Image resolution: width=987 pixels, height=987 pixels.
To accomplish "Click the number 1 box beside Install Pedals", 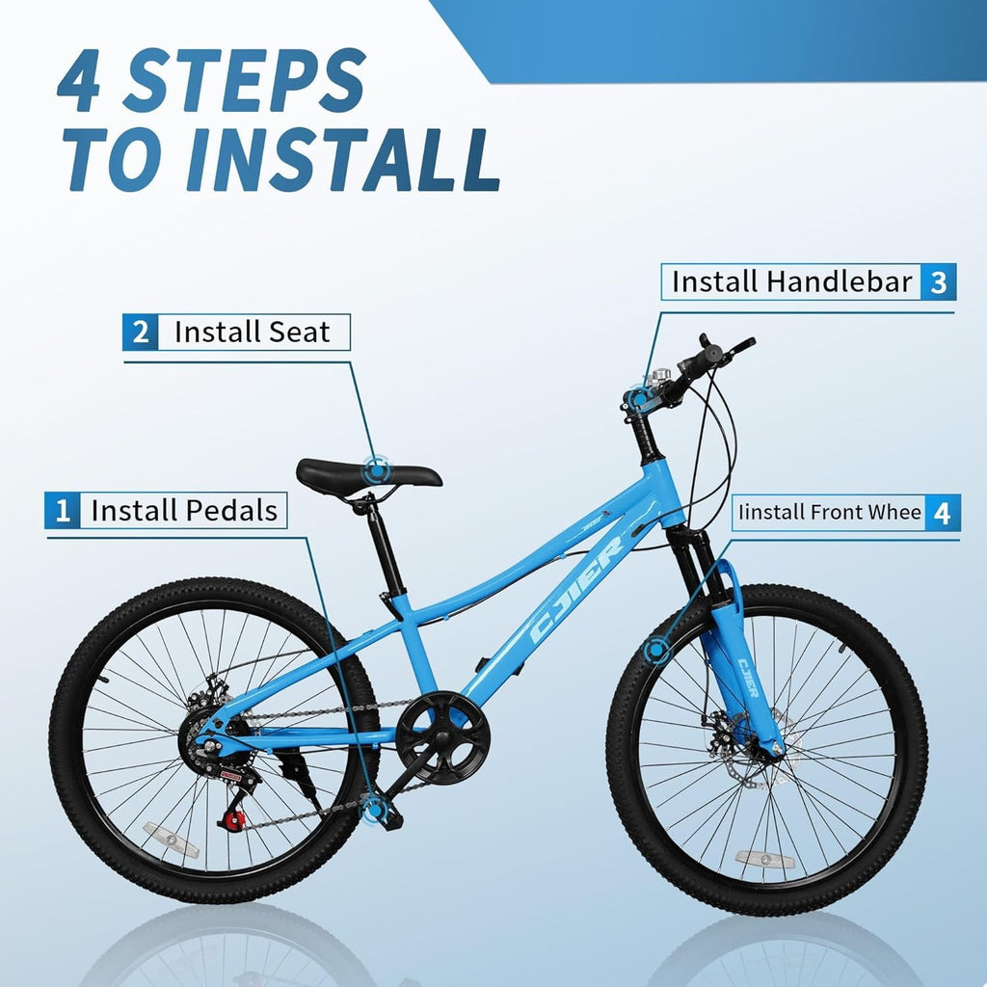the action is [x=63, y=510].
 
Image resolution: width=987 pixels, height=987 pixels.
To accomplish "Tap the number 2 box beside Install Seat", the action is [x=141, y=332].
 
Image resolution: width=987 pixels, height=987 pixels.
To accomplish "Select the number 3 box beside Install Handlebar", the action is [x=938, y=282].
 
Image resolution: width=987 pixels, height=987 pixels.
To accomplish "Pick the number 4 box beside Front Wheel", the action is [x=942, y=513].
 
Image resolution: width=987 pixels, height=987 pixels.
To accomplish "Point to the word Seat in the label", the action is [x=299, y=332].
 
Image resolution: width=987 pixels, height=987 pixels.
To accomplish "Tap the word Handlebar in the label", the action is [x=840, y=281].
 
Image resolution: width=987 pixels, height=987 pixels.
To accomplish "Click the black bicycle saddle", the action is [x=368, y=476].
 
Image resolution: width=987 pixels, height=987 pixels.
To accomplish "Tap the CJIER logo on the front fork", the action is [x=748, y=678].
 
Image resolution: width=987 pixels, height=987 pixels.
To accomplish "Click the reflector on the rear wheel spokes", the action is [x=171, y=840].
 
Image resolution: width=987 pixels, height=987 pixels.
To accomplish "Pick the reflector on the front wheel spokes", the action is [x=764, y=859].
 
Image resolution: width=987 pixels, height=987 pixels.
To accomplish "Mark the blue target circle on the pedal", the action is [x=375, y=808].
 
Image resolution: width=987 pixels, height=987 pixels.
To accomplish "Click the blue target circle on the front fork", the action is [x=657, y=649].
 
